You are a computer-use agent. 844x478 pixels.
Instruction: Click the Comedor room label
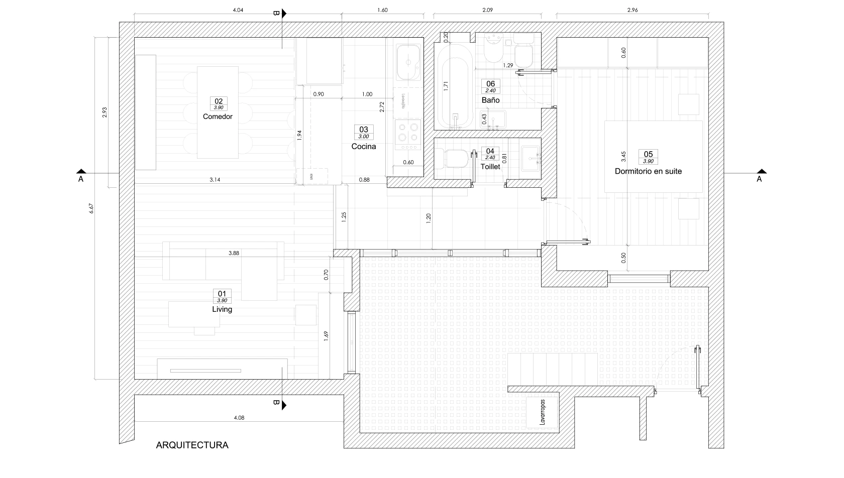point(218,116)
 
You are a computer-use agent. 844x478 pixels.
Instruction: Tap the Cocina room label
point(363,147)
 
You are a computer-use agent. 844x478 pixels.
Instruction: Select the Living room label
point(222,309)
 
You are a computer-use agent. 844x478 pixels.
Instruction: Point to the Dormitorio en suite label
point(648,171)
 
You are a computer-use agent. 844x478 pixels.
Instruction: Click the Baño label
point(490,100)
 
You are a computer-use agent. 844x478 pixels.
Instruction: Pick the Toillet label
point(490,167)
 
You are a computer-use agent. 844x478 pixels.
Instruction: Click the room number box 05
point(648,154)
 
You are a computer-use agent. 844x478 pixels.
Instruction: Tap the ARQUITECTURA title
point(192,445)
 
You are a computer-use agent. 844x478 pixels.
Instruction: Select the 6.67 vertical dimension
point(91,208)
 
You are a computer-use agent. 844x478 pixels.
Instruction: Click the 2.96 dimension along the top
point(632,10)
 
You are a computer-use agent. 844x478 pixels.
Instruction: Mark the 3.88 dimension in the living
point(234,253)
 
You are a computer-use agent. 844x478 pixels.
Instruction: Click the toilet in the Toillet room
point(454,159)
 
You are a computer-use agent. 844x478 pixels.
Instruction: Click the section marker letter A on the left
point(81,178)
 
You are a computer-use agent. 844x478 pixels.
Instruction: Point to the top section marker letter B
point(275,14)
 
